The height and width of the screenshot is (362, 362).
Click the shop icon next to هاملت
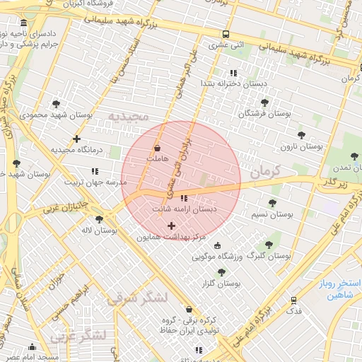pyautogui.click(x=157, y=148)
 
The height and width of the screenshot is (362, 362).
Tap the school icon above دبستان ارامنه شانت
pyautogui.click(x=184, y=199)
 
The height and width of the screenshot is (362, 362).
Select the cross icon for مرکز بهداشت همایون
pyautogui.click(x=171, y=226)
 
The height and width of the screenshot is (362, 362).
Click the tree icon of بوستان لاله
pyautogui.click(x=98, y=219)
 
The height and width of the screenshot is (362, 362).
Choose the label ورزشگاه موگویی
pyautogui.click(x=217, y=256)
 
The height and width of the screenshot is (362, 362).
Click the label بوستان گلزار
pyautogui.click(x=221, y=283)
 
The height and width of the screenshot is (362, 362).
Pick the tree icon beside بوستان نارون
pyautogui.click(x=301, y=134)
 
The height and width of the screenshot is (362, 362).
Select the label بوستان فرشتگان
pyautogui.click(x=265, y=113)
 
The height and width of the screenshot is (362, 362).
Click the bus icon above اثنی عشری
pyautogui.click(x=226, y=34)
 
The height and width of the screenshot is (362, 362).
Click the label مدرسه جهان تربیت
pyautogui.click(x=95, y=182)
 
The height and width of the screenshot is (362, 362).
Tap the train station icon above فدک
pyautogui.click(x=293, y=300)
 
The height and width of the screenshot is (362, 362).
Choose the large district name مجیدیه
pyautogui.click(x=128, y=115)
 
